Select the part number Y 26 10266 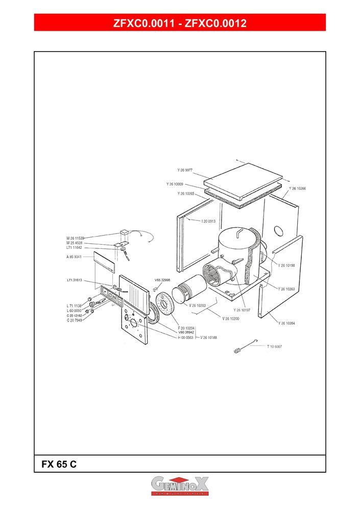tap(297, 189)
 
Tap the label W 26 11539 tap(75, 238)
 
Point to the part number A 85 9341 tap(75, 257)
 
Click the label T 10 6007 tap(274, 346)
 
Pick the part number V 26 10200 tap(231, 318)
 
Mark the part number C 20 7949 tap(75, 320)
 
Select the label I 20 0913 tap(208, 221)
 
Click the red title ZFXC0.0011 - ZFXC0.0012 tap(180, 23)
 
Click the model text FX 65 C tap(59, 465)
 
